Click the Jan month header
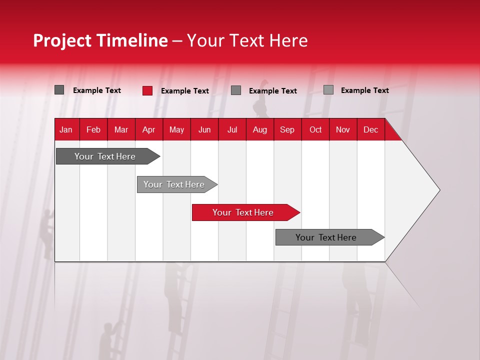coord(66,129)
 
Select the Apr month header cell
coord(148,129)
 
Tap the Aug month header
coord(259,129)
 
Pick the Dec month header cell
coord(370,129)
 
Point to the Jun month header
coord(204,129)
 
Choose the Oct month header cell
coord(315,129)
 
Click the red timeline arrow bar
coord(245,212)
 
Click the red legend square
coord(147,90)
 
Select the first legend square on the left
coord(59,90)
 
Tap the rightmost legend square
coord(328,90)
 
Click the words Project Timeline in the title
coord(100,40)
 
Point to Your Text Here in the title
coord(247,40)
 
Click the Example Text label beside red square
coord(184,91)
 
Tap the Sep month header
coord(287,129)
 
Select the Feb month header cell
coord(93,129)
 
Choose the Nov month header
coord(342,129)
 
